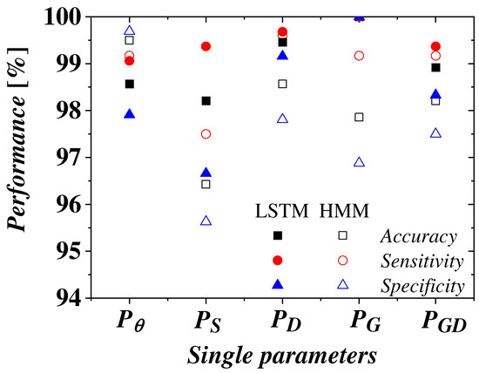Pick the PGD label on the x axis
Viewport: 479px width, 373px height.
click(x=435, y=322)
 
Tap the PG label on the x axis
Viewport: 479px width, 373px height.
click(x=359, y=322)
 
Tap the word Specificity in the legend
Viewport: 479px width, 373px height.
click(x=422, y=284)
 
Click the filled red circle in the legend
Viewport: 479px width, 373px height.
click(x=278, y=260)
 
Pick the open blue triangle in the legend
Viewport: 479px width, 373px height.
click(x=342, y=284)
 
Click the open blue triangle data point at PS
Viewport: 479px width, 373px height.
click(x=206, y=221)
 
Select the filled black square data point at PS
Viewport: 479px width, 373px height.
click(x=206, y=101)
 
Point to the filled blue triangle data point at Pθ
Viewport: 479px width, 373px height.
click(x=129, y=114)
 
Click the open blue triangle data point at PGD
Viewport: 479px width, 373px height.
click(x=435, y=133)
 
